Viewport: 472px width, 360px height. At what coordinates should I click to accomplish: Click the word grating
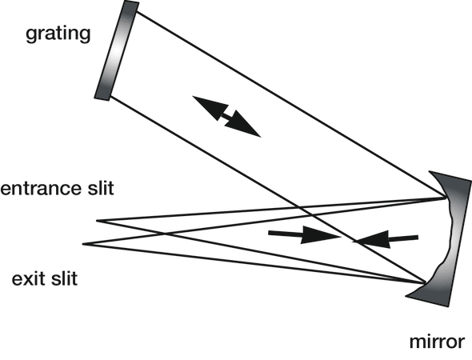(58, 34)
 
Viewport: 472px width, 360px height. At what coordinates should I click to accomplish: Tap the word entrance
(41, 189)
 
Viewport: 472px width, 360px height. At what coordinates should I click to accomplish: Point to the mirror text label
(437, 342)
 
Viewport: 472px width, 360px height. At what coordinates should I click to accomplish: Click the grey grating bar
(117, 50)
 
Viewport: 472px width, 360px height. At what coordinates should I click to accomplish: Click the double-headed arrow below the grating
(226, 117)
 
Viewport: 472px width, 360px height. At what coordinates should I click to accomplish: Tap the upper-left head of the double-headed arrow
(210, 106)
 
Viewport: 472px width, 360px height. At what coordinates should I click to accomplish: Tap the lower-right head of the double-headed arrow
(243, 126)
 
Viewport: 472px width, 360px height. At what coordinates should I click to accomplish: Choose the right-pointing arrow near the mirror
(304, 234)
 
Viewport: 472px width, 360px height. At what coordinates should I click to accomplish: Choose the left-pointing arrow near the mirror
(386, 239)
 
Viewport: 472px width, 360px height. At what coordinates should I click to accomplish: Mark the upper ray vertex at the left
(97, 221)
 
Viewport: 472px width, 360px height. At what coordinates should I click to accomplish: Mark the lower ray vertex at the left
(83, 244)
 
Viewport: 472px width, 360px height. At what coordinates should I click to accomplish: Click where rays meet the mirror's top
(446, 198)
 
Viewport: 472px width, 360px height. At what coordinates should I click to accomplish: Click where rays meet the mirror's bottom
(425, 282)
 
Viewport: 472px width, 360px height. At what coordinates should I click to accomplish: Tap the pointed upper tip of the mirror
(430, 171)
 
